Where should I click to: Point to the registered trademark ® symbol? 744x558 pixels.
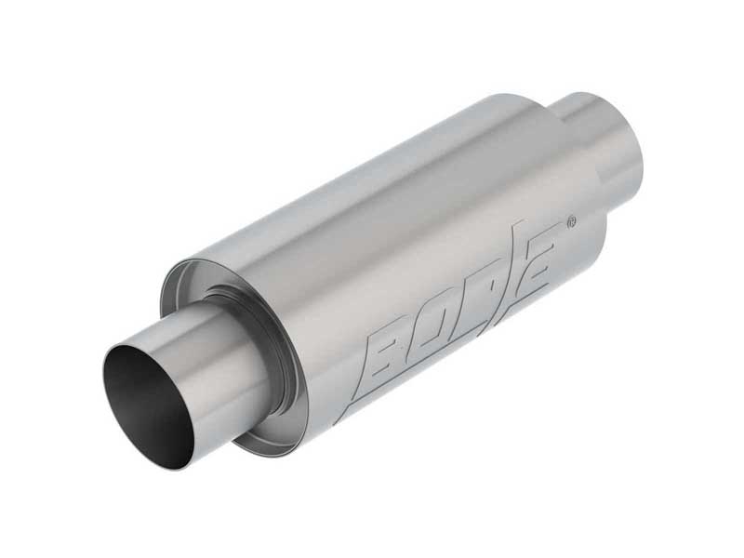pos(571,222)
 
